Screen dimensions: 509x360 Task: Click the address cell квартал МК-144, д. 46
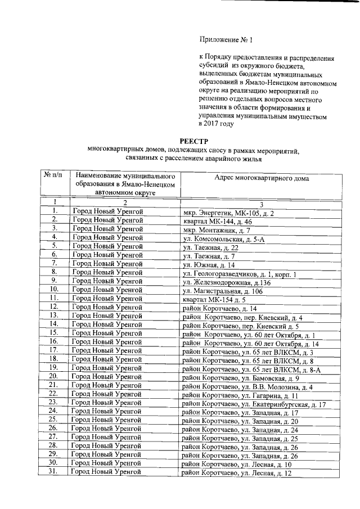click(x=217, y=222)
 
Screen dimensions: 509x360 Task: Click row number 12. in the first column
click(x=55, y=308)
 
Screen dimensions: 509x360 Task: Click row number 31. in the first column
click(x=55, y=472)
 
